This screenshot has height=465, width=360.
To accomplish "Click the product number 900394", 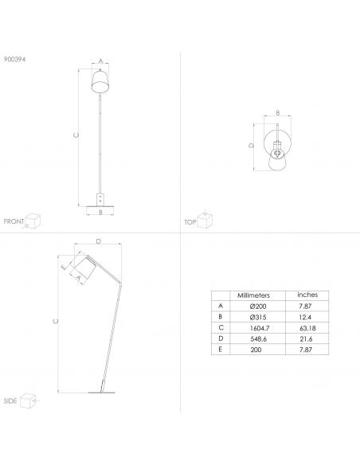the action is pyautogui.click(x=15, y=59).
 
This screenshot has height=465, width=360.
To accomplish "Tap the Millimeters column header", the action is pyautogui.click(x=253, y=295).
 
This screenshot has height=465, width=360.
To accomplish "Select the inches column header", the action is pyautogui.click(x=307, y=295).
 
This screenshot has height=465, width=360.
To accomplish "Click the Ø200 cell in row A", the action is pyautogui.click(x=258, y=307).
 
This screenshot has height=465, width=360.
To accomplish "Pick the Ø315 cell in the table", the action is pyautogui.click(x=258, y=317).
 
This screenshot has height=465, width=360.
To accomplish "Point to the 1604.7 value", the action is pyautogui.click(x=260, y=328).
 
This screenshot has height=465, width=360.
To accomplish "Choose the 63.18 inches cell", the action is pyautogui.click(x=307, y=328).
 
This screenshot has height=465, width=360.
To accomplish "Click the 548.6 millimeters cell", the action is pyautogui.click(x=259, y=339).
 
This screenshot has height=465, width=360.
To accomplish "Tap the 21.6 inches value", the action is pyautogui.click(x=306, y=339).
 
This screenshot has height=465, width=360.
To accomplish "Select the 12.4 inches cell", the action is pyautogui.click(x=305, y=318).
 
